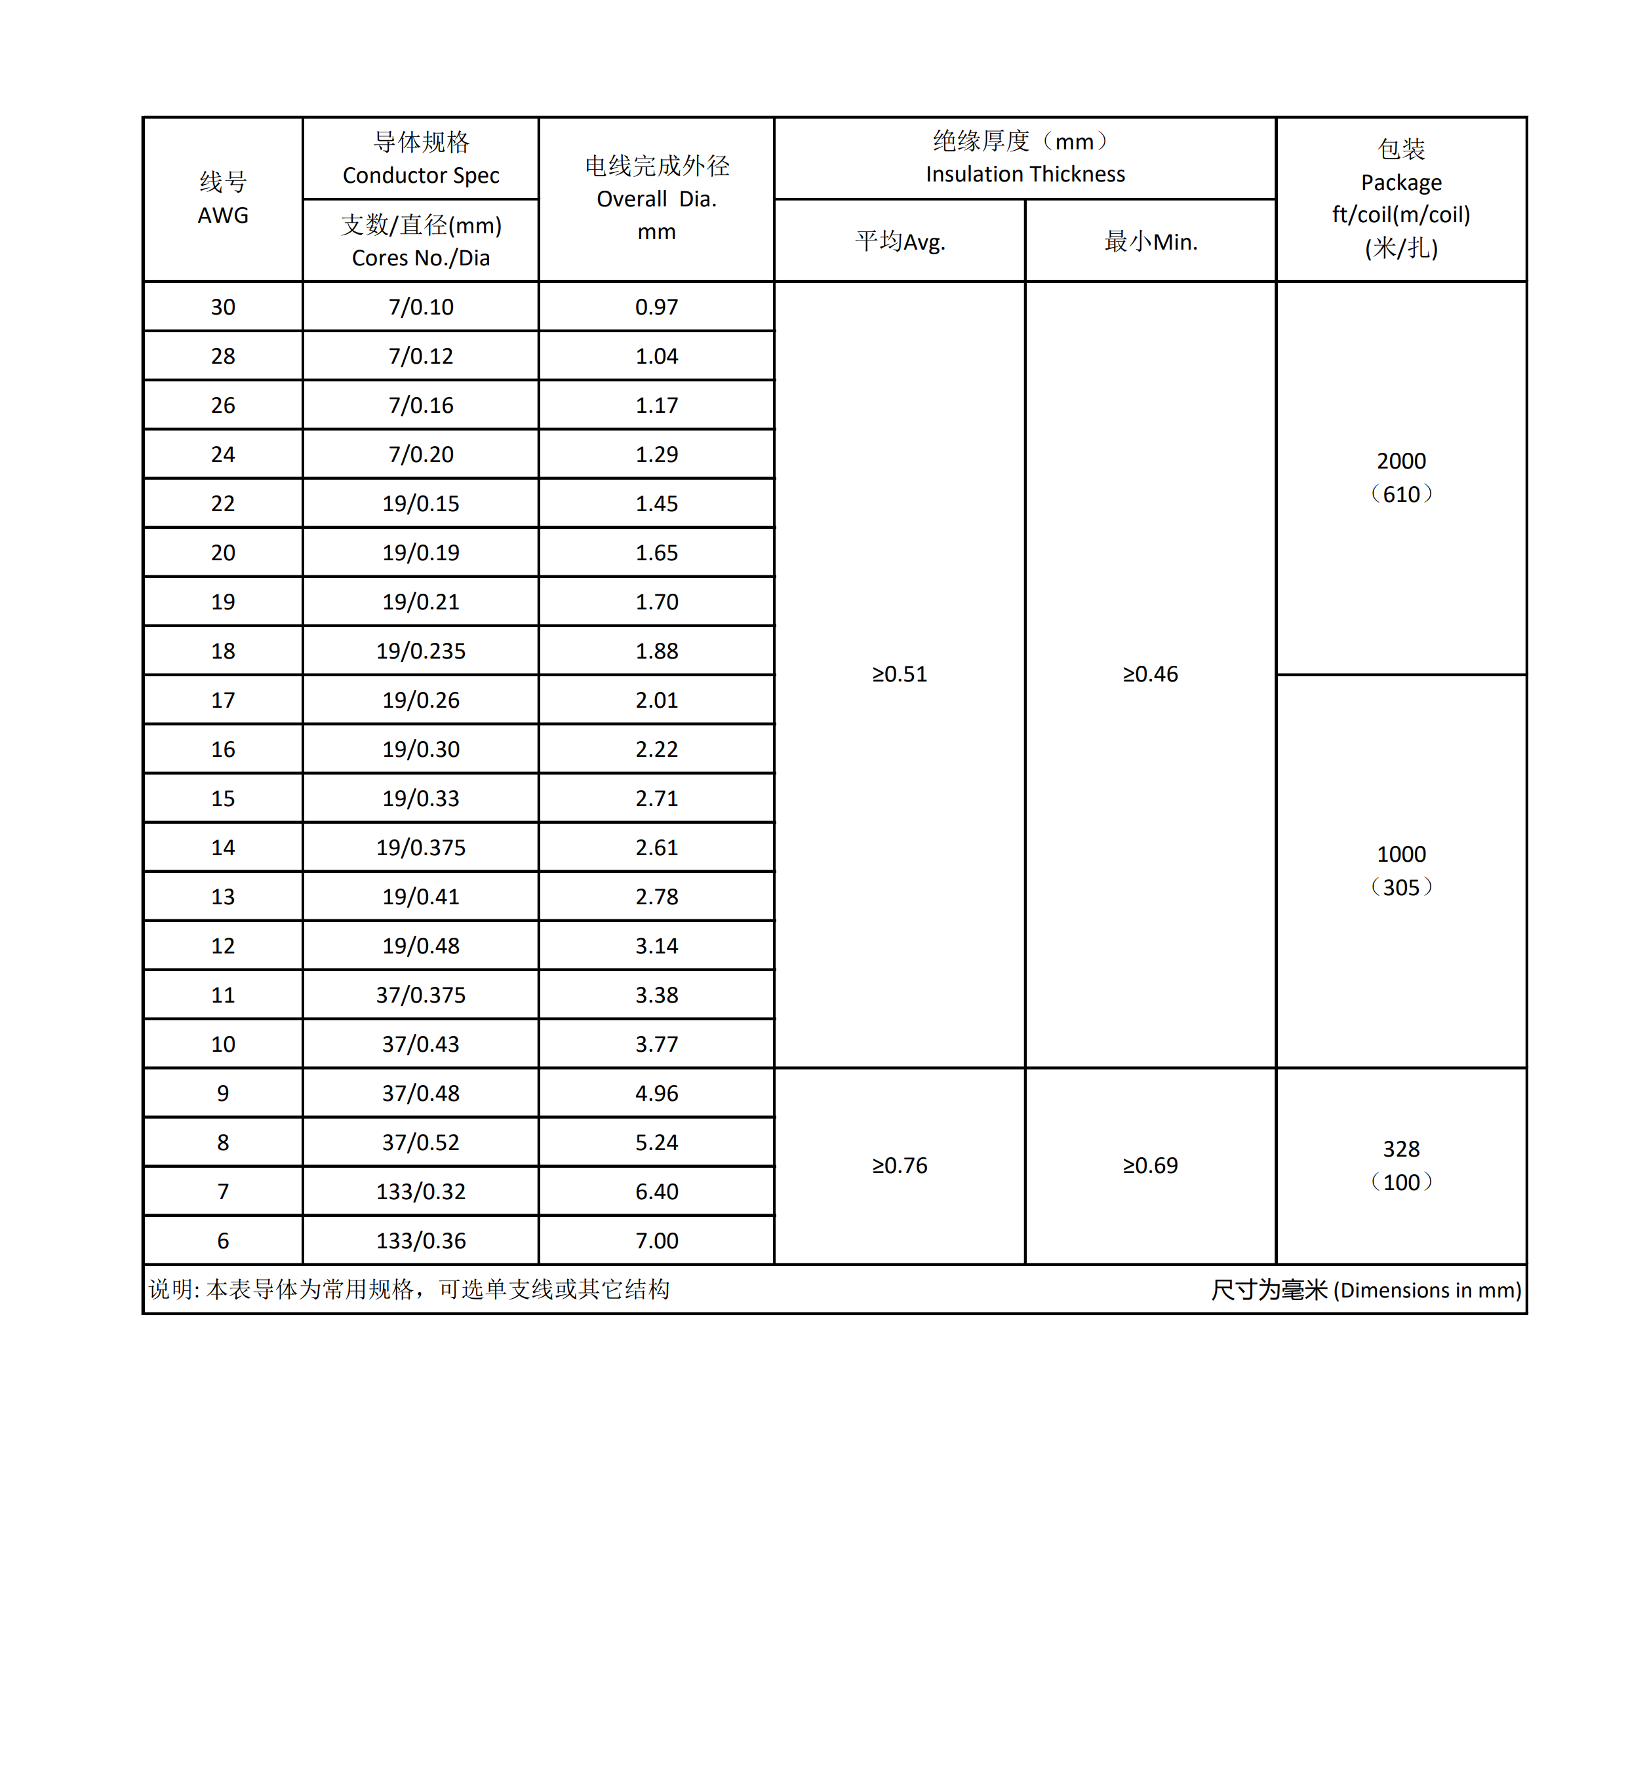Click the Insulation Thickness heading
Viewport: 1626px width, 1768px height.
pos(1025,174)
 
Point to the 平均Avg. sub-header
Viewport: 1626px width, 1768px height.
pos(900,242)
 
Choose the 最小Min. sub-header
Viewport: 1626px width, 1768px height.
pos(1150,242)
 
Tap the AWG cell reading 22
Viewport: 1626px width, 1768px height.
pos(223,504)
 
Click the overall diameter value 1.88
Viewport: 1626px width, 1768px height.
pos(656,651)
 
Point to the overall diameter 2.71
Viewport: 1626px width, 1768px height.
pos(656,799)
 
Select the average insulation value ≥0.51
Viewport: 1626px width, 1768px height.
pos(900,675)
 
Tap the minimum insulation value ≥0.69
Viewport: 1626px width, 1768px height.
pos(1150,1166)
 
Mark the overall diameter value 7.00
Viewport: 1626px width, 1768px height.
pos(656,1241)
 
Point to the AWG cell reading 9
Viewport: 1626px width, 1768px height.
pos(223,1093)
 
